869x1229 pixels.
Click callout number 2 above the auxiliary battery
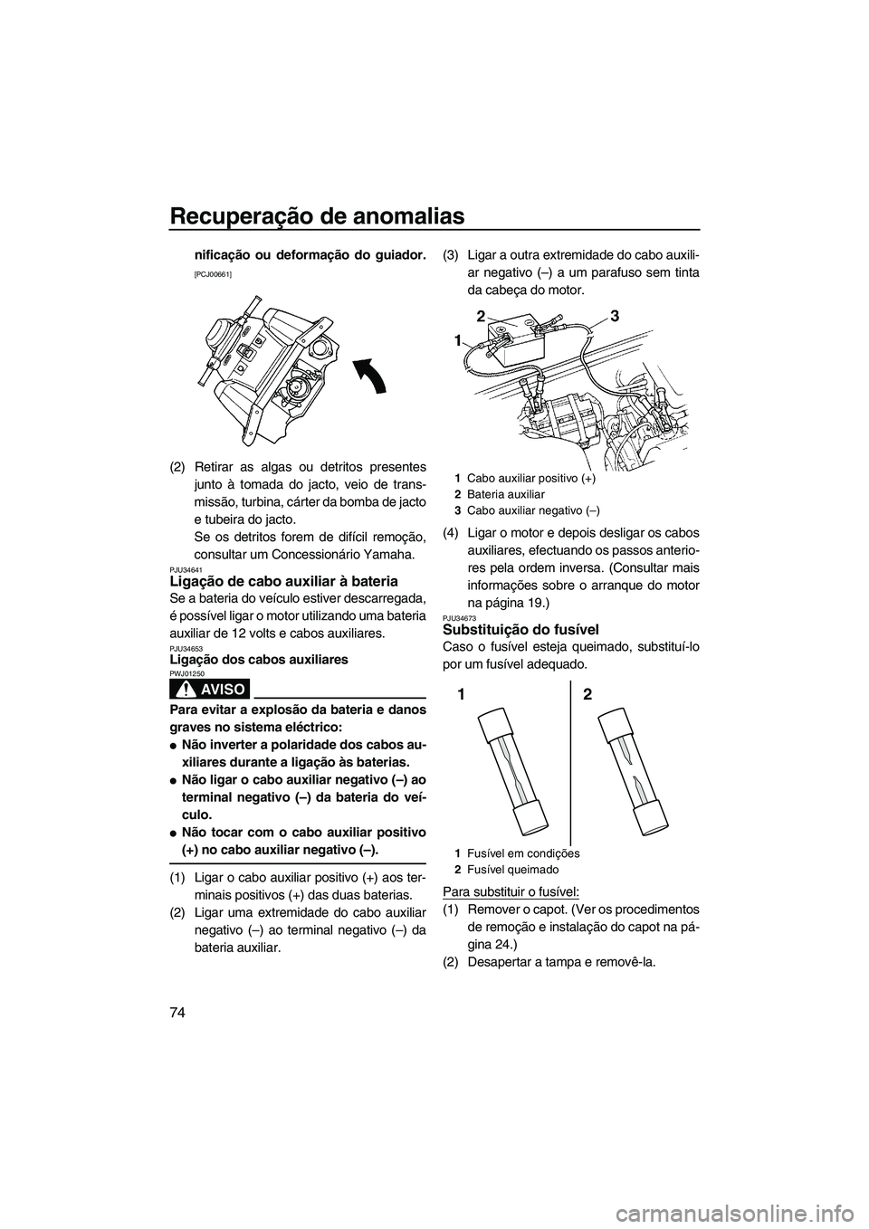482,314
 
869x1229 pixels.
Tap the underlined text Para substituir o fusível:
511,891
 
